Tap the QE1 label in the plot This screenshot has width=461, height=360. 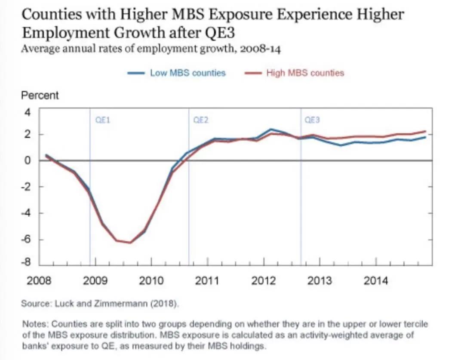pos(102,120)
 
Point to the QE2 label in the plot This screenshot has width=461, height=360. pos(201,120)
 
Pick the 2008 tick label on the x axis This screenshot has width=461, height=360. pos(39,281)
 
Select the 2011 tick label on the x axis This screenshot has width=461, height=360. pos(207,281)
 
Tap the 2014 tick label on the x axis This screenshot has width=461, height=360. pos(375,281)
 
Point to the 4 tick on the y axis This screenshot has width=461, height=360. pos(28,112)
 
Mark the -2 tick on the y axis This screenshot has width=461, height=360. pos(27,187)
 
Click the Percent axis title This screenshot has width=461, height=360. pos(40,95)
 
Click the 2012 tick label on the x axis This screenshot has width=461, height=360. pos(263,281)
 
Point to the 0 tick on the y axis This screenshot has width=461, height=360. pos(28,160)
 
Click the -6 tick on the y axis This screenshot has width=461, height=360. pos(27,239)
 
